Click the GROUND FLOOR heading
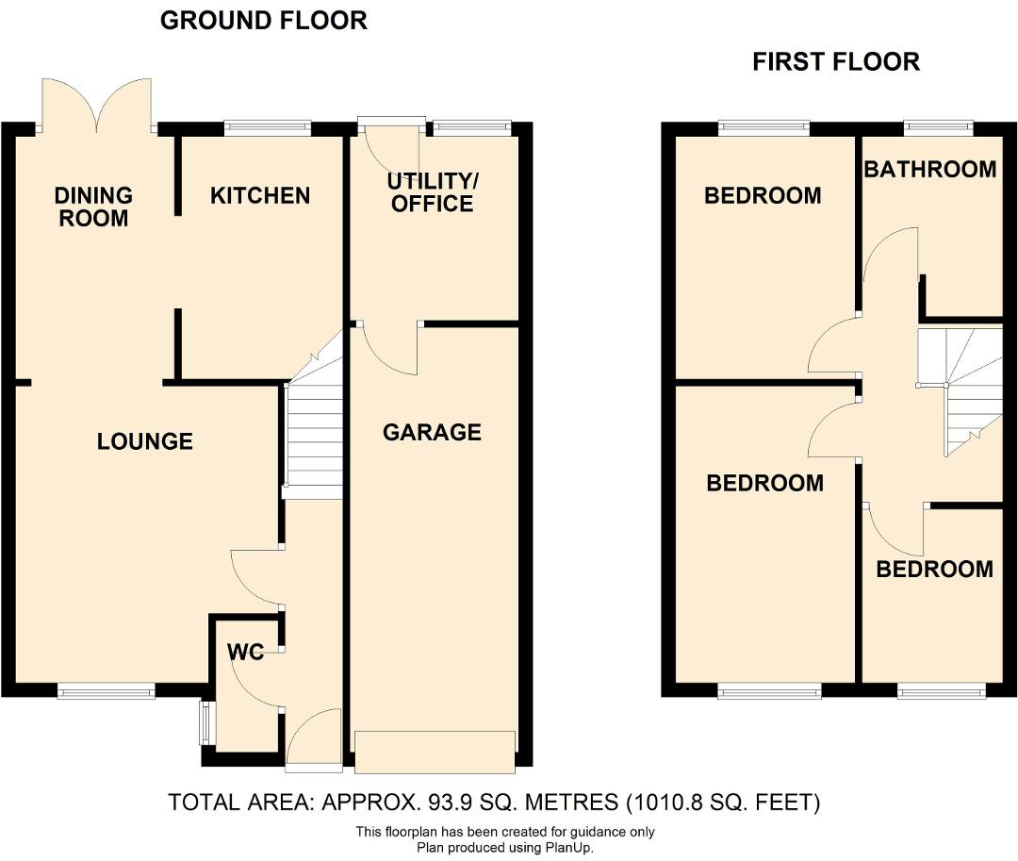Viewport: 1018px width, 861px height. point(263,21)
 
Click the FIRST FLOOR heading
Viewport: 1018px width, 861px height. point(835,62)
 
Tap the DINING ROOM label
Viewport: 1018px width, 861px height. point(92,207)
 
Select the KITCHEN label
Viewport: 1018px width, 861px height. point(259,195)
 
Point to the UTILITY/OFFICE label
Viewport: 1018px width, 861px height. point(433,191)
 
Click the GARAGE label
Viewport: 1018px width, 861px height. point(432,432)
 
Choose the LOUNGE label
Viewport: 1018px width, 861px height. point(145,440)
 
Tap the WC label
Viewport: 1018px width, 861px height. point(245,653)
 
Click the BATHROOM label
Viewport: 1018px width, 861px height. point(929,169)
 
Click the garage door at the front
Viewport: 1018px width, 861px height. point(435,750)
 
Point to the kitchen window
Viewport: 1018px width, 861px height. point(268,126)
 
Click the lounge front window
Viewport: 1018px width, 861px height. point(106,692)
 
